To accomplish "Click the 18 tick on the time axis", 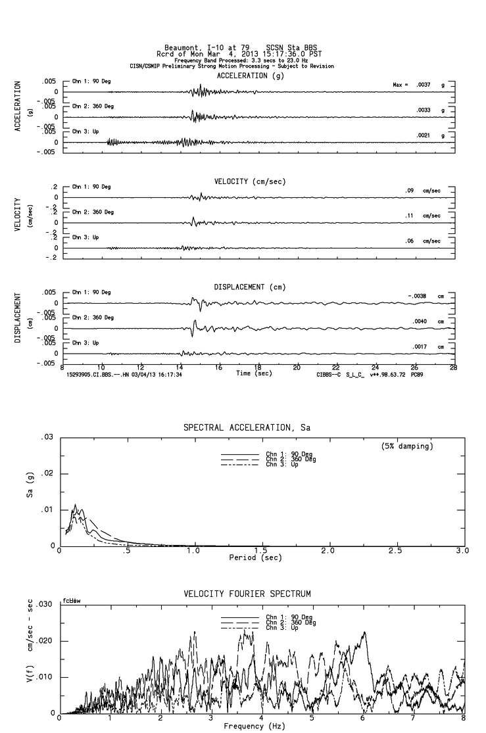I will pos(258,367).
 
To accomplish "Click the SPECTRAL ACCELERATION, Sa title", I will pos(247,428).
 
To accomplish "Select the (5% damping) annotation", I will pos(407,446).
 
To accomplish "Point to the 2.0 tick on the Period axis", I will pos(329,551).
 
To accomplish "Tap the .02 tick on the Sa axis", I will pos(47,474).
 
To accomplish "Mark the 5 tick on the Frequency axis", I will pos(312,719).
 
